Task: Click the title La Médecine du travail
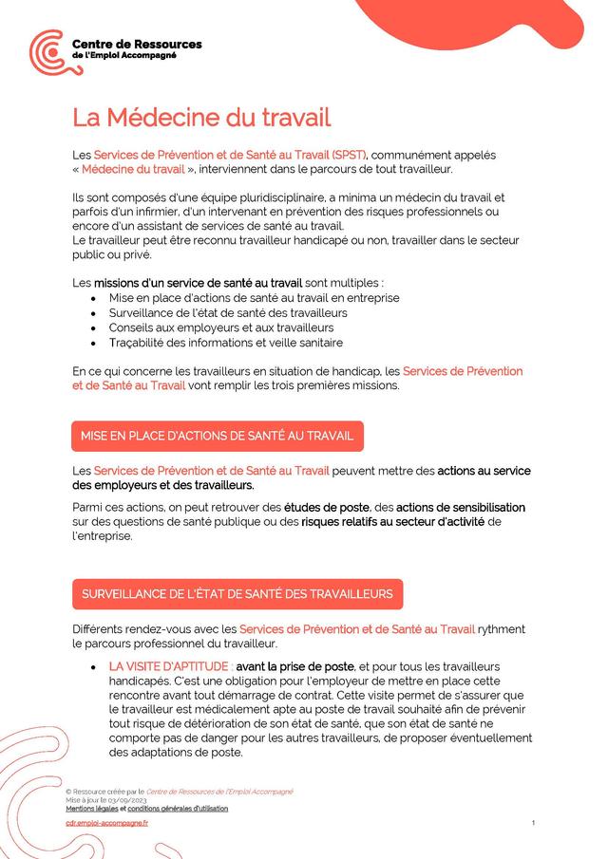tap(201, 119)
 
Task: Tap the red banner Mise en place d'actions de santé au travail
tap(217, 436)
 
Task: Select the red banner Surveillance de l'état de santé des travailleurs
tap(237, 594)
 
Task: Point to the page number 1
tap(533, 823)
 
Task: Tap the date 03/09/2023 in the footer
tap(128, 801)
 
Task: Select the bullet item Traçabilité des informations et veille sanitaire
tap(226, 343)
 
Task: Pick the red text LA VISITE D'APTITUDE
tap(168, 666)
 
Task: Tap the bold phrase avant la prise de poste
tap(294, 666)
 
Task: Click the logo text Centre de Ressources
tap(137, 44)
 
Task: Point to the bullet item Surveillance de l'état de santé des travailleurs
tap(228, 312)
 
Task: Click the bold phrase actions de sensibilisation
tap(460, 507)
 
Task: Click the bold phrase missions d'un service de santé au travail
tap(198, 283)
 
